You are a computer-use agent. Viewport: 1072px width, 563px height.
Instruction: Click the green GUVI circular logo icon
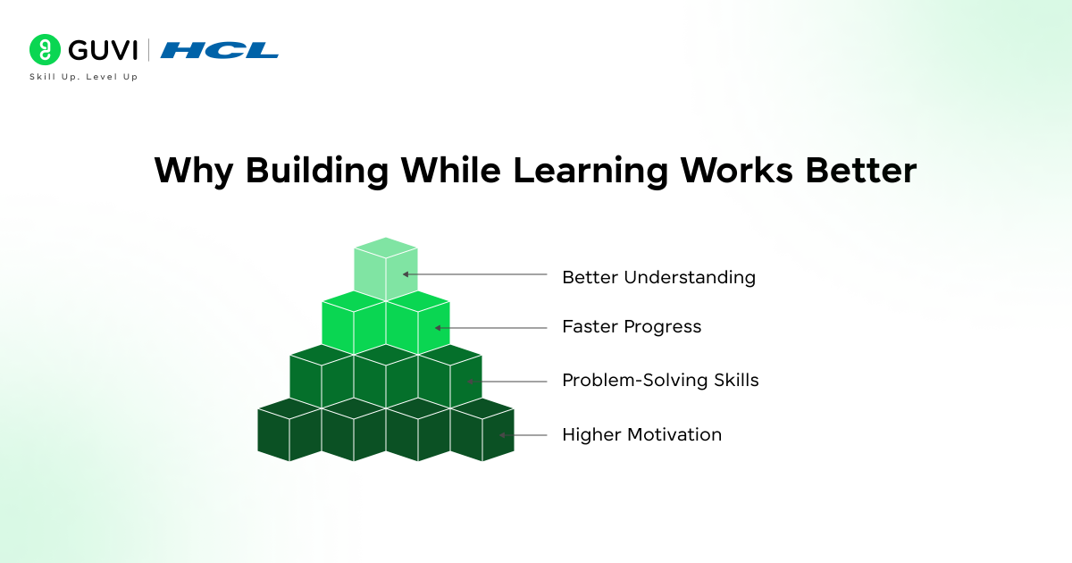click(x=45, y=50)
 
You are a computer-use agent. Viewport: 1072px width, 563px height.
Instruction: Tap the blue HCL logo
click(x=219, y=50)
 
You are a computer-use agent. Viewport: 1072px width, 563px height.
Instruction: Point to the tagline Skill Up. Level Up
click(x=84, y=77)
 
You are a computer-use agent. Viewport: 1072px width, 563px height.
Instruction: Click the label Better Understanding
click(x=658, y=277)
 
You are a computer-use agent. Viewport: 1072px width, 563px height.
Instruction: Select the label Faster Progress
click(x=632, y=327)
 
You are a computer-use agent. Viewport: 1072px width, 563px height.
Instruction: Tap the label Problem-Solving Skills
click(x=660, y=381)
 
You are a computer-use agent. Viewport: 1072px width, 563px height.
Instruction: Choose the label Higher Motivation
click(x=641, y=435)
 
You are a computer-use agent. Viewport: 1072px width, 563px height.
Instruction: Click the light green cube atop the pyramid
click(x=386, y=269)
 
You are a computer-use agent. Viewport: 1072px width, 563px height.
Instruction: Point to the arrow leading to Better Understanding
click(x=474, y=274)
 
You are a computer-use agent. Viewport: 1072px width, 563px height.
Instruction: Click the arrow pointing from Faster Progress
click(x=490, y=328)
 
